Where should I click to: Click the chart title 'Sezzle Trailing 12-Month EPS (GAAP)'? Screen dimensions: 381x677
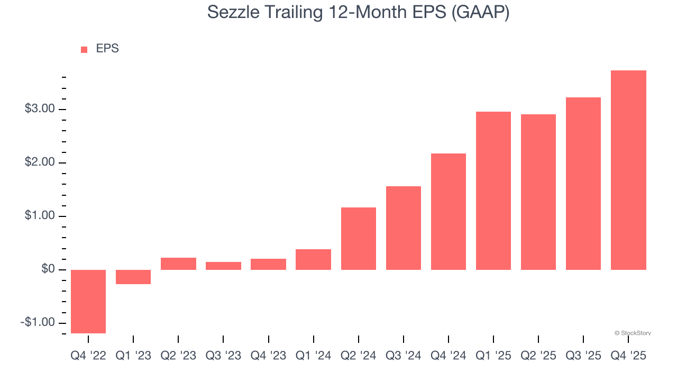click(358, 12)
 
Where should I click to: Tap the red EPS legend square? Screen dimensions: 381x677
click(84, 50)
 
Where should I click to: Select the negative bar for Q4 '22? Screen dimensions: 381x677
click(88, 301)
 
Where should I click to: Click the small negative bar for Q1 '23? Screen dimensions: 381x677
click(133, 277)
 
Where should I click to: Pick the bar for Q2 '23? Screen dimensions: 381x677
click(178, 264)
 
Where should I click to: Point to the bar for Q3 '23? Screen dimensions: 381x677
click(223, 266)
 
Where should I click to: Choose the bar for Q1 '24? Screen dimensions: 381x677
click(313, 259)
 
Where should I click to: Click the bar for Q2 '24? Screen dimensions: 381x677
click(359, 239)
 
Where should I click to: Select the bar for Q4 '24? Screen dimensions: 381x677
click(449, 212)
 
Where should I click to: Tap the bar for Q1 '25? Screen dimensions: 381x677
click(493, 190)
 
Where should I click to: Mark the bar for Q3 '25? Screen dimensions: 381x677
click(583, 184)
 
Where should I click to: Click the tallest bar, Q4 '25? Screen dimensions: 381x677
click(628, 170)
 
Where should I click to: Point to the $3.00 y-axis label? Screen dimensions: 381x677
click(40, 109)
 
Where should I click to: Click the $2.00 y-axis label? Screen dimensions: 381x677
click(40, 162)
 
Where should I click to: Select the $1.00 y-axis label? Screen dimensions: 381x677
click(40, 216)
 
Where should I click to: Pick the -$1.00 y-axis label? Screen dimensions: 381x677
click(38, 323)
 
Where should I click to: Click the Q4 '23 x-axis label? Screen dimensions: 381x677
click(268, 356)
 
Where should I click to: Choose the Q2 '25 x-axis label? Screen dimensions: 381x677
click(538, 356)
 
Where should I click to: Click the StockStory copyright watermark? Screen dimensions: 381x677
click(633, 333)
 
